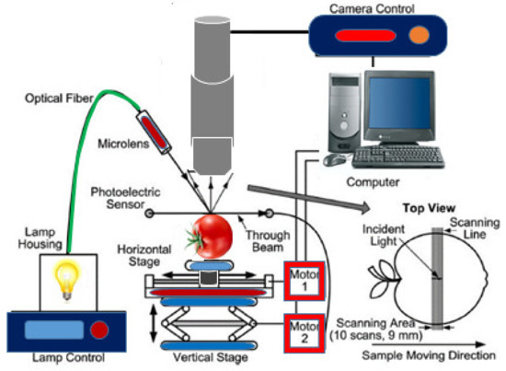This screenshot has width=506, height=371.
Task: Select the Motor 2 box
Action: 304,330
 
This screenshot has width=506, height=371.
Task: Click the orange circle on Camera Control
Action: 419,35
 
